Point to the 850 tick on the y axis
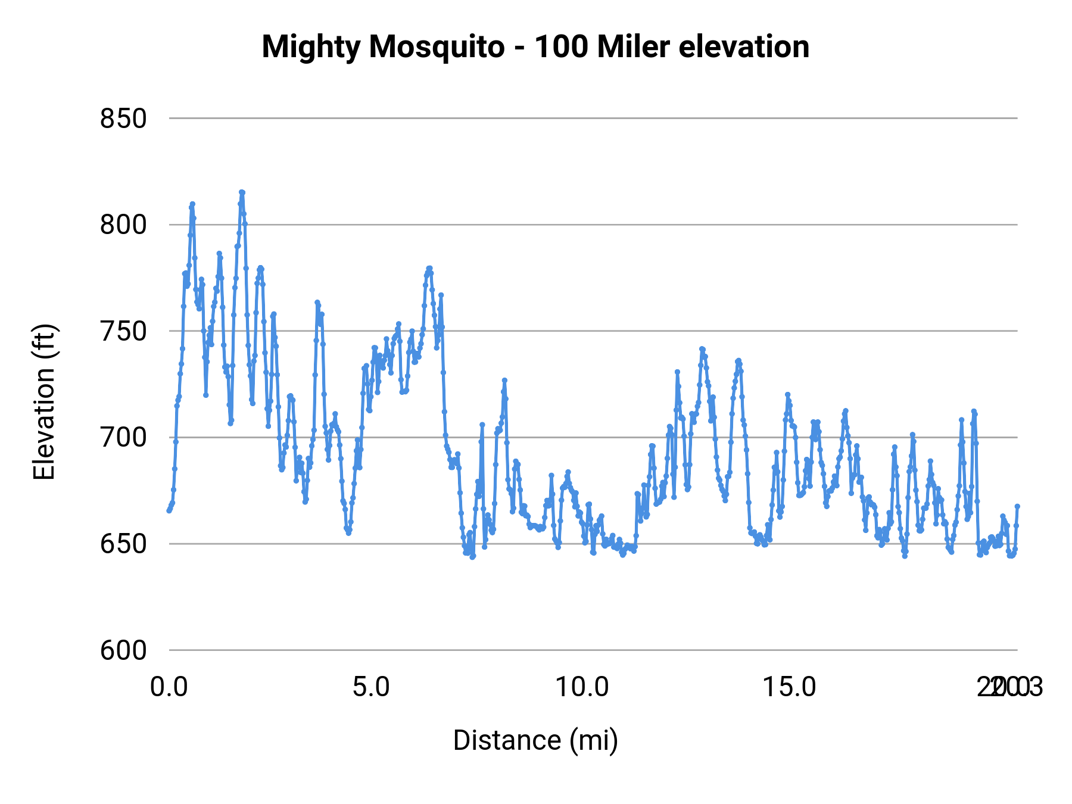coord(123,119)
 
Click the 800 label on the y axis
coord(123,226)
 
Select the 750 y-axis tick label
coord(123,332)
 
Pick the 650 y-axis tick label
coord(123,544)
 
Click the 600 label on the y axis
coord(123,650)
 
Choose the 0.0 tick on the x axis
coord(169,687)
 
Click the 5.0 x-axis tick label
coord(371,687)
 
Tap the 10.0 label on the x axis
coord(582,687)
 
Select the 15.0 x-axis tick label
coord(790,687)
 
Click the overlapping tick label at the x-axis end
coord(1010,687)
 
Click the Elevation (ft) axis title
coord(44,402)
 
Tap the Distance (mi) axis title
coord(535,740)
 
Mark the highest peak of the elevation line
coord(242,192)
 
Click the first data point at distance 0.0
coord(169,510)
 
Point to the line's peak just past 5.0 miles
coord(429,268)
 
